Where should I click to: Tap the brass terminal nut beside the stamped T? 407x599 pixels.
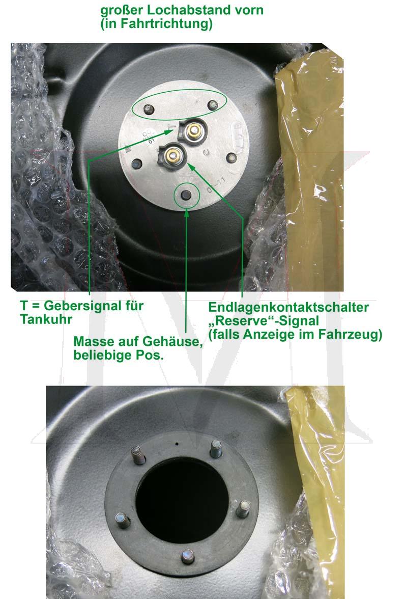pyautogui.click(x=194, y=131)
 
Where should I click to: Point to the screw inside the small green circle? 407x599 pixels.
pyautogui.click(x=185, y=196)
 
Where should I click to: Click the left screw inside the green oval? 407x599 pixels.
pyautogui.click(x=148, y=109)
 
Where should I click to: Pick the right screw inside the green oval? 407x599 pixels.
pyautogui.click(x=213, y=105)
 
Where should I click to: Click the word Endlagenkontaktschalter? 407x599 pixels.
pyautogui.click(x=288, y=307)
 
